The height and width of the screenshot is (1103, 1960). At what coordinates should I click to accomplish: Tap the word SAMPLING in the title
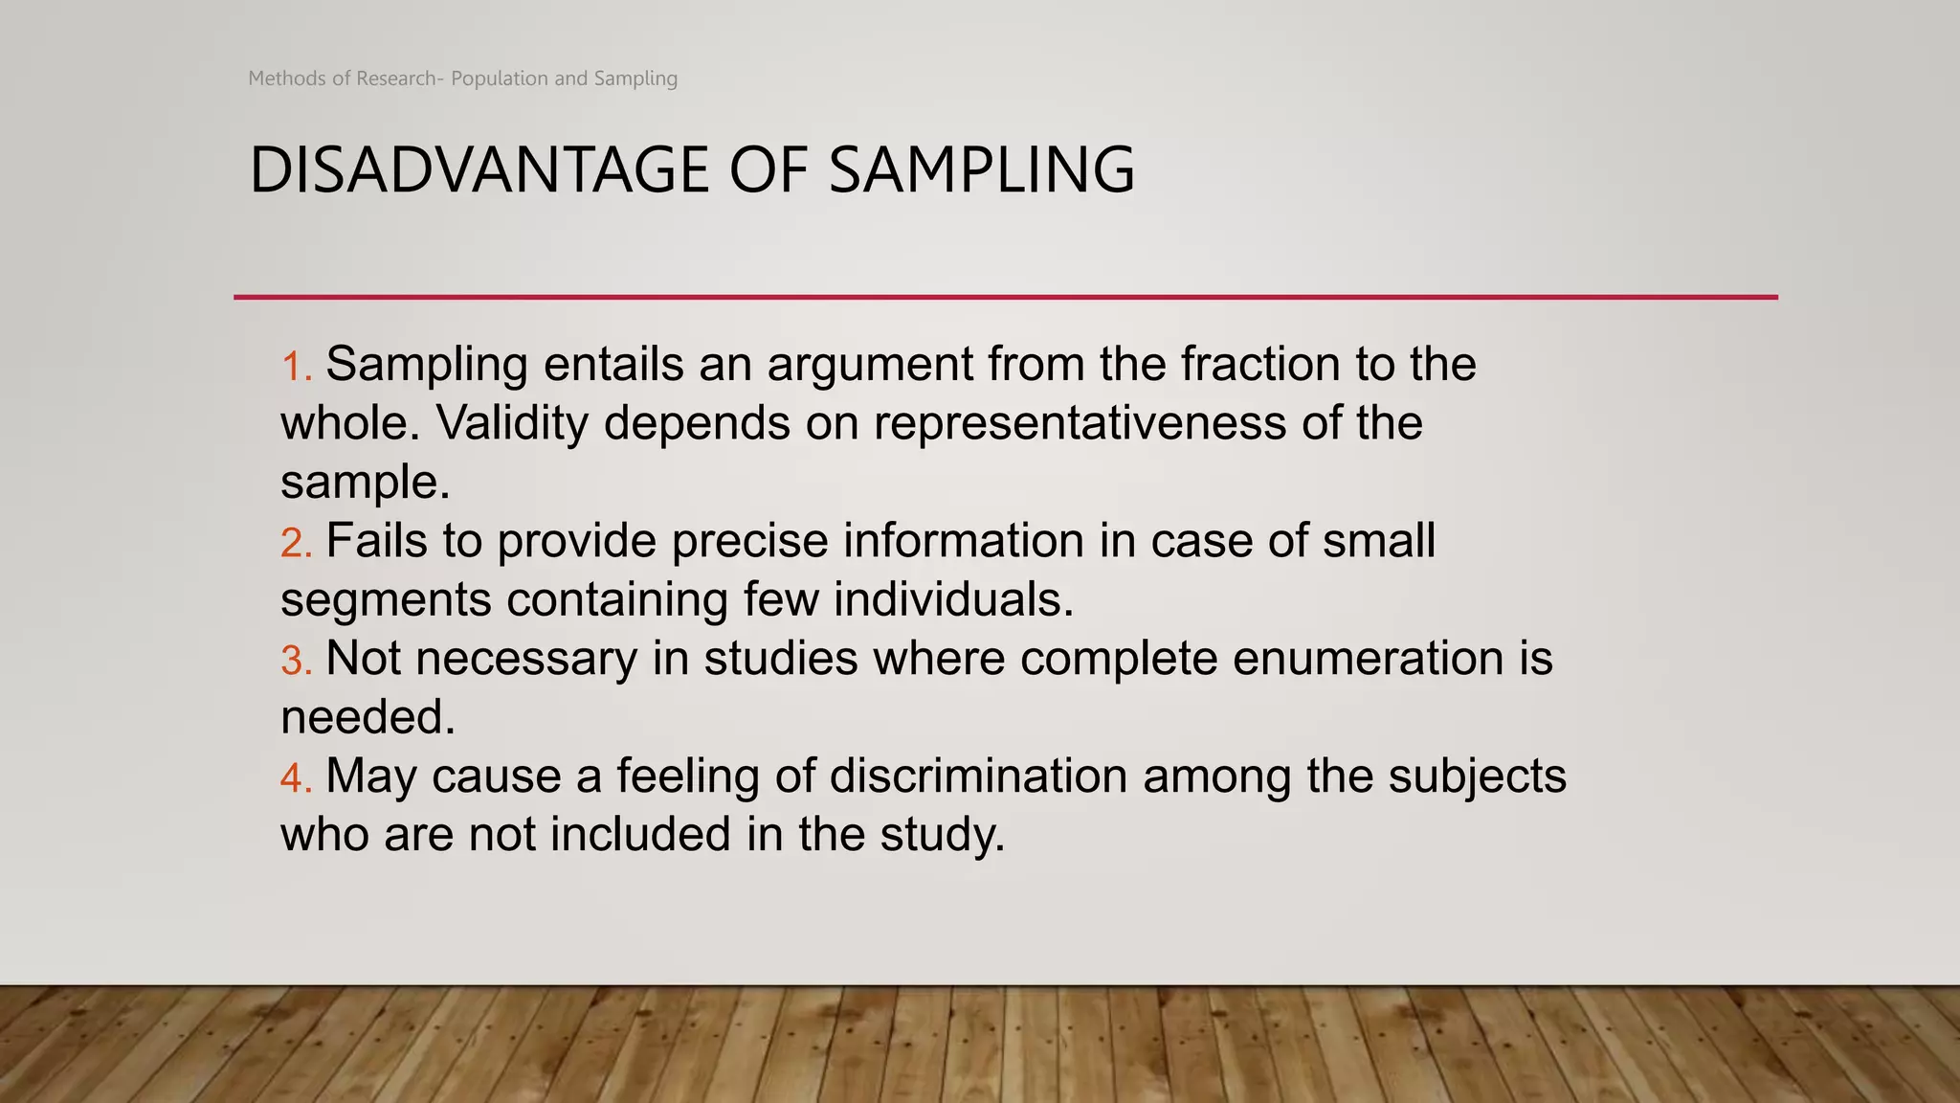click(x=981, y=170)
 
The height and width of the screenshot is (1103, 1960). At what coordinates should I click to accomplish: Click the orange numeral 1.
click(x=294, y=367)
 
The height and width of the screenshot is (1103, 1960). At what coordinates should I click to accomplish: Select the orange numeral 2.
click(x=294, y=543)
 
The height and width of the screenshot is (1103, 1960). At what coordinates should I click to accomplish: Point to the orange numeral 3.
click(x=294, y=661)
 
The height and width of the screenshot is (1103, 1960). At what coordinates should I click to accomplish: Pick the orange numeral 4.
click(x=294, y=777)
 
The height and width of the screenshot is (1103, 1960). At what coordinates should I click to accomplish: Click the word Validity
click(x=512, y=423)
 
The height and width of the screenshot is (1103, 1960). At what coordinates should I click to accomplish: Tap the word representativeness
click(x=1080, y=423)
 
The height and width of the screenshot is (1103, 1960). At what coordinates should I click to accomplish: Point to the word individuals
click(x=953, y=599)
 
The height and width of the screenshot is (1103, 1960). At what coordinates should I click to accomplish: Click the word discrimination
click(x=978, y=776)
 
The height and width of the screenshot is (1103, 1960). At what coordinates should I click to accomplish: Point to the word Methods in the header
click(x=286, y=79)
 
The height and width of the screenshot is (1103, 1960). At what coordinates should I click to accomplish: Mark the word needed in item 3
click(x=367, y=717)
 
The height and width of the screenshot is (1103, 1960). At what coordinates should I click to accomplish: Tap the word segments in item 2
click(x=386, y=601)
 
